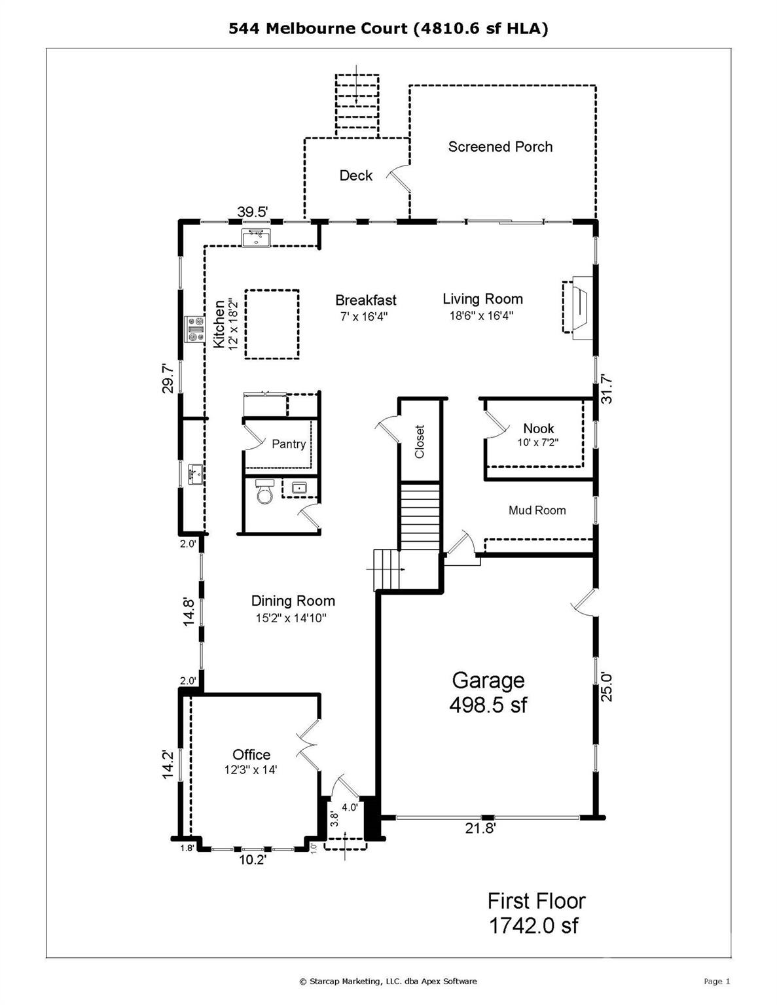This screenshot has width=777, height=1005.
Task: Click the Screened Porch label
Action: coord(500,147)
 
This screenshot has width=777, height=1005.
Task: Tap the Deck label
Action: coord(355,175)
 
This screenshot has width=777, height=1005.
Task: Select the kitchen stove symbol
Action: coord(195,329)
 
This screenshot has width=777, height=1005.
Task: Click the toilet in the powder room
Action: coord(265,492)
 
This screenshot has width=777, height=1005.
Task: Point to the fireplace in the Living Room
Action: coord(576,308)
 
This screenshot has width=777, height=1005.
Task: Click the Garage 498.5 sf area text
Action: coord(488,692)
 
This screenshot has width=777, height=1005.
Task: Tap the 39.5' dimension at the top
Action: coord(252,212)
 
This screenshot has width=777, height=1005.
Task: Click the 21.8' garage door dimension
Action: coord(480,828)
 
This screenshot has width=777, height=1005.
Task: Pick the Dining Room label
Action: coord(293,601)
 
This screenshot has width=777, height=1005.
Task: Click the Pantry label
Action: coord(289,444)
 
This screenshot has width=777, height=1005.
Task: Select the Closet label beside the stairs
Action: coord(420,442)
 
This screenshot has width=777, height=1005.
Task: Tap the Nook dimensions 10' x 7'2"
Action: coord(539,442)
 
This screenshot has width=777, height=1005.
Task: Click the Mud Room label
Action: coord(537,510)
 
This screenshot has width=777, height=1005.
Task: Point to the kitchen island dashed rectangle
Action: coord(272,324)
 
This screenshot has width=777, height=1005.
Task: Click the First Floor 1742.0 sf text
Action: coord(535,913)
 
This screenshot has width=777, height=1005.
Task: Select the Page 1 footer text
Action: coord(716,981)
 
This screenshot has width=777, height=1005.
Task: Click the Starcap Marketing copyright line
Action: coord(388,981)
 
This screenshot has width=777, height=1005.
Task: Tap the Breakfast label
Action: coord(365,300)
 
